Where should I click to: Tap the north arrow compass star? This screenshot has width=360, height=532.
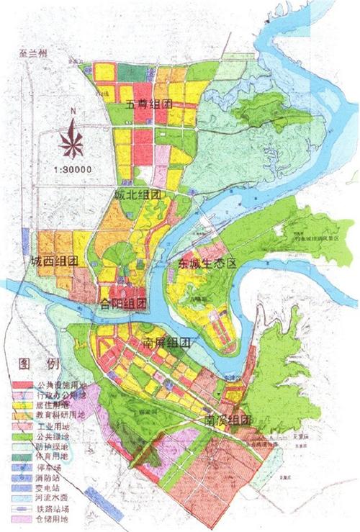(x=73, y=140)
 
